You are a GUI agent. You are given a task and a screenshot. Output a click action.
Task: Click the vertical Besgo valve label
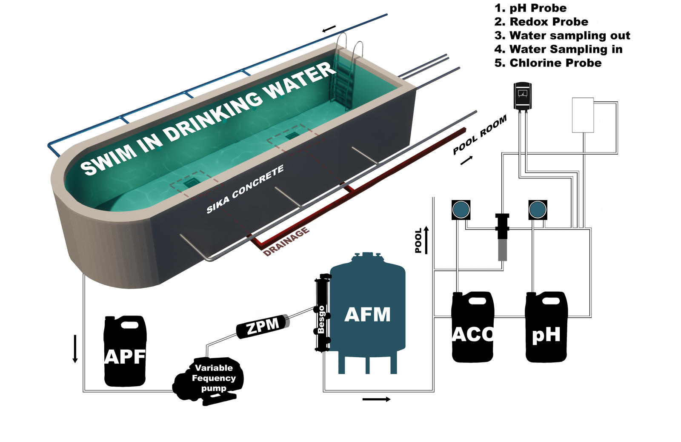pyautogui.click(x=321, y=319)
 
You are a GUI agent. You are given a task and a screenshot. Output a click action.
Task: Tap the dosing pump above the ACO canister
pyautogui.click(x=461, y=210)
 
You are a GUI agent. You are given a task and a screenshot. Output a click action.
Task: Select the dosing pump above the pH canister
pyautogui.click(x=538, y=210)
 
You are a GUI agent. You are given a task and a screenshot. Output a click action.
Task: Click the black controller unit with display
pyautogui.click(x=523, y=96)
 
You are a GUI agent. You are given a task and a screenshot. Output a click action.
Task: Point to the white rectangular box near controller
pyautogui.click(x=583, y=115)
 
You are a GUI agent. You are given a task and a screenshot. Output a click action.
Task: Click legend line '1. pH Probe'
pyautogui.click(x=530, y=8)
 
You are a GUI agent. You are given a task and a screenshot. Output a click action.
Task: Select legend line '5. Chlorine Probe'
pyautogui.click(x=548, y=63)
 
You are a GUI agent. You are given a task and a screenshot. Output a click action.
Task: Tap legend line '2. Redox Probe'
pyautogui.click(x=541, y=22)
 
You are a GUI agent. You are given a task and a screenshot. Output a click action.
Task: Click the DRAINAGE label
pyautogui.click(x=286, y=242)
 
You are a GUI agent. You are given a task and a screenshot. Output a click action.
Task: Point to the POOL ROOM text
pyautogui.click(x=480, y=135)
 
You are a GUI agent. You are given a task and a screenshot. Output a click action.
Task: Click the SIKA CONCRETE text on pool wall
pyautogui.click(x=245, y=189)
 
